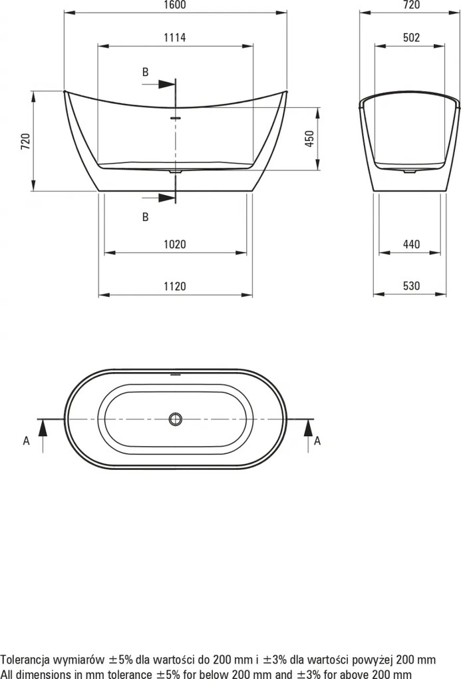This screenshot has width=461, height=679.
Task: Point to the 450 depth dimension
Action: tap(309, 138)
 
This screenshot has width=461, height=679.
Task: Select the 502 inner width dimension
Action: tap(412, 38)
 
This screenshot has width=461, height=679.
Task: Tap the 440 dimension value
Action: tap(412, 245)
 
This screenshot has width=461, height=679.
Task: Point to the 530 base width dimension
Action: tap(412, 286)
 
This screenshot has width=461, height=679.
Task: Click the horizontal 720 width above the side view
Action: tap(412, 5)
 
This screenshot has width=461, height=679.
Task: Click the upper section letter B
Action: tap(145, 73)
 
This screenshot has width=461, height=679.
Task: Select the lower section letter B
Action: tap(145, 216)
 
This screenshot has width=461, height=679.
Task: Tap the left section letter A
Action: tap(27, 440)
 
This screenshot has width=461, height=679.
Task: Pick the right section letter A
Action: tap(317, 440)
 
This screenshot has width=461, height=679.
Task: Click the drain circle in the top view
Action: tap(176, 419)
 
